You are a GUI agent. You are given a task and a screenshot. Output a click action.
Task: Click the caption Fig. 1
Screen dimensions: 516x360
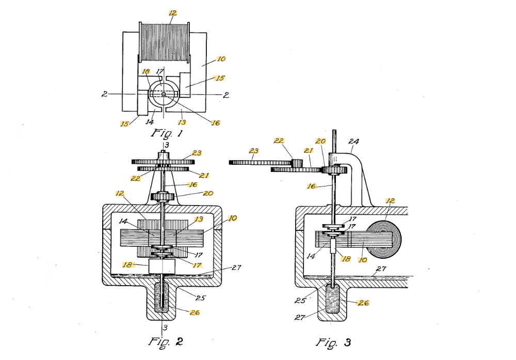(x=166, y=133)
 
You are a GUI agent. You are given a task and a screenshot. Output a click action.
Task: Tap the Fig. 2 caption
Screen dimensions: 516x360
(x=165, y=341)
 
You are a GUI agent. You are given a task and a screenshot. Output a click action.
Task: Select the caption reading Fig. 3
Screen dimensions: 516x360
(x=333, y=342)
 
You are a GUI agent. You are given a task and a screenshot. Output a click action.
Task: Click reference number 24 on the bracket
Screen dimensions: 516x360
(x=353, y=142)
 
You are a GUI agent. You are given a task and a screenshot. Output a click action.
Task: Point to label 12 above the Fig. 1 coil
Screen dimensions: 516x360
(x=173, y=13)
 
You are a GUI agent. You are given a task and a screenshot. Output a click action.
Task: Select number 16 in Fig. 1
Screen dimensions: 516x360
(x=216, y=123)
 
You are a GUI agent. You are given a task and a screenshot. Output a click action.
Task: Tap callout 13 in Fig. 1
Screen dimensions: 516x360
(x=182, y=122)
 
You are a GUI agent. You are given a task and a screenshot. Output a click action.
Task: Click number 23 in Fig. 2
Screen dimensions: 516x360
(x=197, y=153)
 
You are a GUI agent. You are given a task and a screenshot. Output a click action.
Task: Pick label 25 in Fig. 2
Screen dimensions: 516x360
(x=200, y=298)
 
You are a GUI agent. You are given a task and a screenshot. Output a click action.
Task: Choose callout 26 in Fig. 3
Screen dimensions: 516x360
(x=363, y=303)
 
